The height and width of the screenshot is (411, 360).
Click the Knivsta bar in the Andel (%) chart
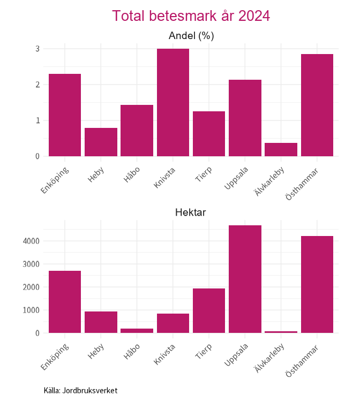pyautogui.click(x=173, y=103)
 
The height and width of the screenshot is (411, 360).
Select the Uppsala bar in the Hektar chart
pyautogui.click(x=245, y=279)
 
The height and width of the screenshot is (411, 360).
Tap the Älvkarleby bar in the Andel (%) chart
pyautogui.click(x=281, y=150)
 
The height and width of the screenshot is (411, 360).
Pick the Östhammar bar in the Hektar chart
pyautogui.click(x=317, y=285)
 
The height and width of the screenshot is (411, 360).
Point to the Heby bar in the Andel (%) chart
pyautogui.click(x=101, y=142)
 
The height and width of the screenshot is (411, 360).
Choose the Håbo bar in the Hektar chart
pyautogui.click(x=137, y=331)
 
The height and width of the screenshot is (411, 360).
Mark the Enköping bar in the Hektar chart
pyautogui.click(x=65, y=302)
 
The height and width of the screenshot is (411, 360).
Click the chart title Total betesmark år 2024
pyautogui.click(x=191, y=16)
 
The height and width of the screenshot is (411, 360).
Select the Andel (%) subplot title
pyautogui.click(x=191, y=36)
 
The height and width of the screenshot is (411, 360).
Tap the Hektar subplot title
pyautogui.click(x=191, y=212)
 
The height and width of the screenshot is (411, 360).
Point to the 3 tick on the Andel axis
pyautogui.click(x=37, y=49)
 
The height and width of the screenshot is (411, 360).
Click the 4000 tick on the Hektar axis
pyautogui.click(x=31, y=241)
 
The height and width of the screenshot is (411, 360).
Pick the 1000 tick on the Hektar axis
pyautogui.click(x=31, y=310)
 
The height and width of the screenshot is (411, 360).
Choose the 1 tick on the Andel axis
pyautogui.click(x=37, y=120)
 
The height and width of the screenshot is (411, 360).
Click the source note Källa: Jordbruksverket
pyautogui.click(x=80, y=391)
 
